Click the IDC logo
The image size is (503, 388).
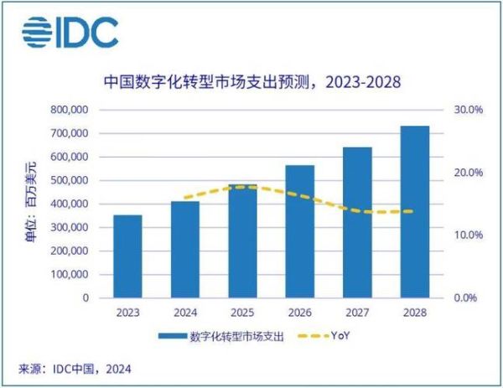coord(70,33)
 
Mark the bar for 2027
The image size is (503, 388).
coord(357,222)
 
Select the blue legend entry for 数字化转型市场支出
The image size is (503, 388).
coord(221,337)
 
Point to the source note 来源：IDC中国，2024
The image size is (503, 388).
coord(75,369)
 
